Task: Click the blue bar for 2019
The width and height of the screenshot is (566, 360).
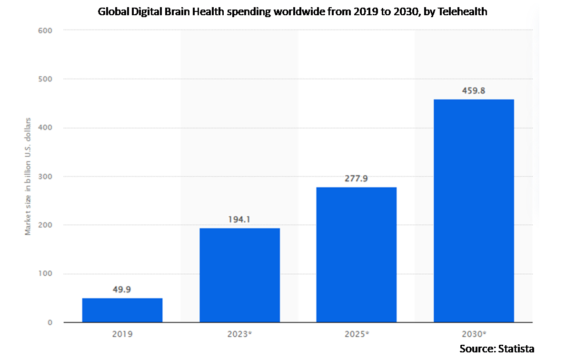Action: (x=122, y=310)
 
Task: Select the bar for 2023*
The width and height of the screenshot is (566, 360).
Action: (x=239, y=275)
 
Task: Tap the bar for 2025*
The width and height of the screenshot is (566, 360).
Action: (x=357, y=255)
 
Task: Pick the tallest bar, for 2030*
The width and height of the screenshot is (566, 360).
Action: (x=474, y=211)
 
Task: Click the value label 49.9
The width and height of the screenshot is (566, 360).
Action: (x=122, y=290)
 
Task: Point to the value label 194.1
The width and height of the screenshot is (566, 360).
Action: (x=239, y=220)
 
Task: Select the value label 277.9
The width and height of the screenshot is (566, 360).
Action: (x=357, y=179)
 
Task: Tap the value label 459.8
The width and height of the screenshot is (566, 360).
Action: (x=474, y=90)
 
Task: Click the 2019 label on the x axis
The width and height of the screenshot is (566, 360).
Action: (x=122, y=334)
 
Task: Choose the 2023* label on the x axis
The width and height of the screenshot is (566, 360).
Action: (x=240, y=334)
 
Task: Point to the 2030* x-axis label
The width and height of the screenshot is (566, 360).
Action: (x=474, y=334)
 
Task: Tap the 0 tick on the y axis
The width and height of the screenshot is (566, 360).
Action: (x=49, y=323)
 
